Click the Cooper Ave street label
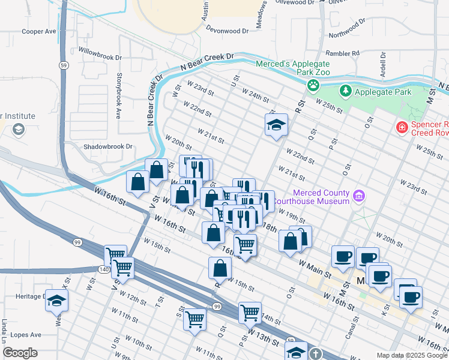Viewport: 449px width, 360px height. point(38,31)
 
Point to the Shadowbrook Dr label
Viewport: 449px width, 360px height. point(107,146)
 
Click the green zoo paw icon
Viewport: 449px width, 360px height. point(313,85)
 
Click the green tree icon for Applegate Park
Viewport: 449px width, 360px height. point(345,92)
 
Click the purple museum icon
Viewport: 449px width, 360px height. point(359,196)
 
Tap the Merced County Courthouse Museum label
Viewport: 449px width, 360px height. point(321,197)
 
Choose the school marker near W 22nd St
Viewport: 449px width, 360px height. point(276,125)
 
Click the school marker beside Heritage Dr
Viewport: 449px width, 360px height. point(56,300)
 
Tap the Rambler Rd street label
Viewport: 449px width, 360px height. point(343,53)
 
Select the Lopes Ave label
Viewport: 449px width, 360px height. point(26,334)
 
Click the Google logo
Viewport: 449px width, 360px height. point(20,353)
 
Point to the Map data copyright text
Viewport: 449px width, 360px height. point(411,355)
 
